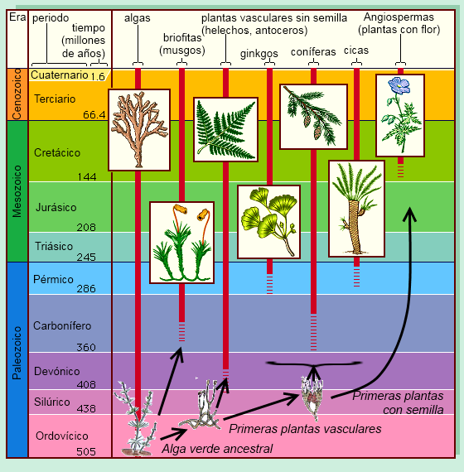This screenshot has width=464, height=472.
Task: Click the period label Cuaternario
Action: tap(60, 75)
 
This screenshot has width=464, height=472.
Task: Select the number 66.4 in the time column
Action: tap(94, 115)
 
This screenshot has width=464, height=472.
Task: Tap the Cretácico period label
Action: tap(57, 152)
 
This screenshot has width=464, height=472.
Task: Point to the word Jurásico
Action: tap(56, 207)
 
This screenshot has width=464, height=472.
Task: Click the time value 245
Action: tap(86, 257)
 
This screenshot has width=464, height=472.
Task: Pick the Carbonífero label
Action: tap(62, 325)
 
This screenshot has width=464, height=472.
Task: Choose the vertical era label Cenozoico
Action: tap(17, 94)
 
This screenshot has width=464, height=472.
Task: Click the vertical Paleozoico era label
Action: tap(17, 353)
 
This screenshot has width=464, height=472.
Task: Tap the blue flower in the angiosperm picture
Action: tap(399, 85)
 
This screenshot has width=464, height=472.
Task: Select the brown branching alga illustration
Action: tap(139, 130)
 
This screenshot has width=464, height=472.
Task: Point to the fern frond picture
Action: tap(225, 129)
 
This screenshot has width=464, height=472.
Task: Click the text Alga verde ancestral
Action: tap(217, 449)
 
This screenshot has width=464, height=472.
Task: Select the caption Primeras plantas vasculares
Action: tap(305, 429)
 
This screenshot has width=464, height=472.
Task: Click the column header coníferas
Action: tap(313, 52)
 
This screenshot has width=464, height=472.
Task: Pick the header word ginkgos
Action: tap(259, 54)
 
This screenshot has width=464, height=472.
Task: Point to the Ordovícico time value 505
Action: tap(86, 451)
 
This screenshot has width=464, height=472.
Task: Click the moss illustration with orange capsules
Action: tap(182, 243)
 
